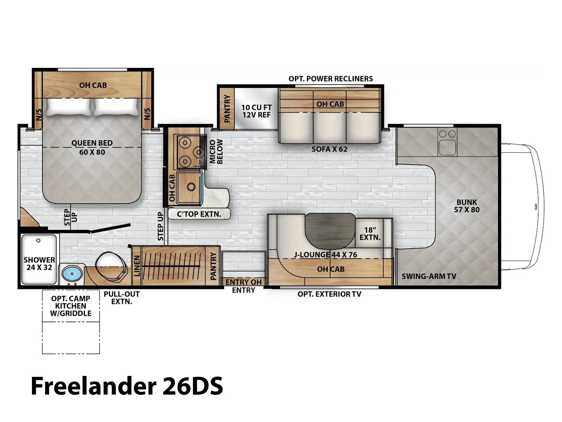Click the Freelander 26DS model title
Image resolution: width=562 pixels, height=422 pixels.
[127, 386]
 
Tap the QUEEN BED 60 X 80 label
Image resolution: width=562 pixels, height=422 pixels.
[92, 147]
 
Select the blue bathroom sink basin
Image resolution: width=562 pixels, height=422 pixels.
[72, 273]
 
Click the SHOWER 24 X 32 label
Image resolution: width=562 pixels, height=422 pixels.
[39, 264]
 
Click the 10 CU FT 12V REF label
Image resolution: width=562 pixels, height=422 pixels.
[256, 111]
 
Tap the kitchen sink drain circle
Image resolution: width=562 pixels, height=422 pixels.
[191, 187]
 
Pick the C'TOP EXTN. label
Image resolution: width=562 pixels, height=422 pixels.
[199, 214]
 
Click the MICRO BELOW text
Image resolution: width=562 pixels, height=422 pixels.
[216, 152]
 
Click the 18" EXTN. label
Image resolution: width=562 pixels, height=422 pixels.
[370, 234]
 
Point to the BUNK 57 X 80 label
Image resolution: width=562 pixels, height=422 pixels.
[467, 206]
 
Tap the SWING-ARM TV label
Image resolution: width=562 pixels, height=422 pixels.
[429, 276]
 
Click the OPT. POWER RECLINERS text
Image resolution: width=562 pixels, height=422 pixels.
[331, 79]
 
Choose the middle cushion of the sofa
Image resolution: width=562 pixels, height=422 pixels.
[330, 127]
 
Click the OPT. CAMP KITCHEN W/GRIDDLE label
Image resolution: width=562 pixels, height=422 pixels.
[71, 306]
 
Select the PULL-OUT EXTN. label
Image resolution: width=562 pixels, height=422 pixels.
[122, 298]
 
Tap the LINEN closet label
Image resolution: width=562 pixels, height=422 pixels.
[137, 266]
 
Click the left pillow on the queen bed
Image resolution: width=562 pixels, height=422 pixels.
[68, 107]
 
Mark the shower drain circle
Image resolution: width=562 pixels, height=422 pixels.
[38, 241]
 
